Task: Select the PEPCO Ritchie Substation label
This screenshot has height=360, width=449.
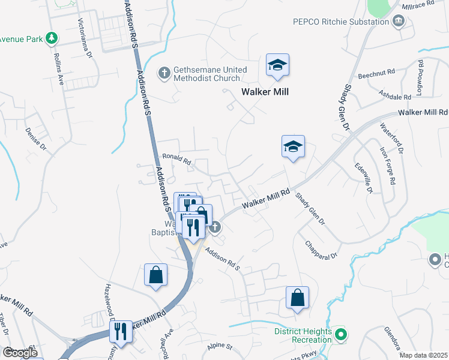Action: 341,22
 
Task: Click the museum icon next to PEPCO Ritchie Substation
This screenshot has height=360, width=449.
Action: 398,22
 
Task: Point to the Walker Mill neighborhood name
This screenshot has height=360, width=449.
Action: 265,92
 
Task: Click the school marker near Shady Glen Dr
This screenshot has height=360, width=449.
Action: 293,146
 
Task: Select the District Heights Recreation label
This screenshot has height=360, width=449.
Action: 303,335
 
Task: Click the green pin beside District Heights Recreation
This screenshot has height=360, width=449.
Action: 341,335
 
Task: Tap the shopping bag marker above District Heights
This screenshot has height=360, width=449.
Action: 298,298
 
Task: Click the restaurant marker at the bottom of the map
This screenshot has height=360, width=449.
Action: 121,331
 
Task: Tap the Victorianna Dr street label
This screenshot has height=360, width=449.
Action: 85,38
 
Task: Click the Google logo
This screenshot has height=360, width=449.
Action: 20,353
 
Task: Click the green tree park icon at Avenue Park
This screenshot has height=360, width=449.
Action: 52,39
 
